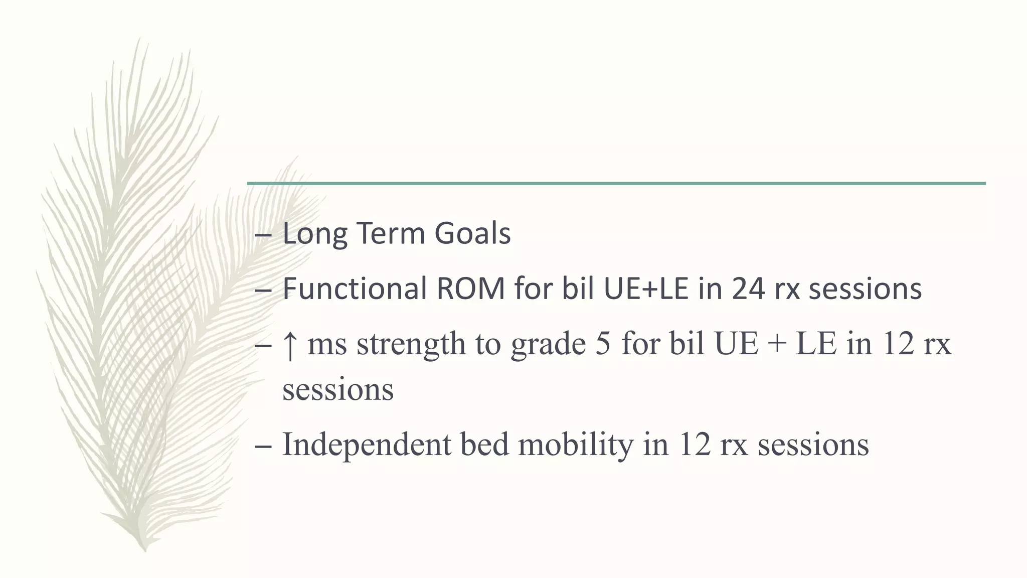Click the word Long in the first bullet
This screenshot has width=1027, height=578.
click(x=314, y=234)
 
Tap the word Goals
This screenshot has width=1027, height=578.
click(x=472, y=234)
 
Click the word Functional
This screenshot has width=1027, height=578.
click(x=354, y=289)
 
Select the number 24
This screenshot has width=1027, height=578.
click(x=748, y=289)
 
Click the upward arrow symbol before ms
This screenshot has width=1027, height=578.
click(x=289, y=345)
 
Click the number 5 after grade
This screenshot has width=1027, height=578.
click(x=603, y=345)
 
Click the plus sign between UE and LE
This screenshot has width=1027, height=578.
click(x=777, y=345)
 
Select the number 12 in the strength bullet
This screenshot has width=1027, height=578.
click(x=898, y=345)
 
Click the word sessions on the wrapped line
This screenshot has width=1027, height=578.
click(x=338, y=390)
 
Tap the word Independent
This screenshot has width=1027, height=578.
click(x=367, y=445)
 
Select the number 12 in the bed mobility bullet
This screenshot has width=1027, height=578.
click(x=694, y=445)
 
